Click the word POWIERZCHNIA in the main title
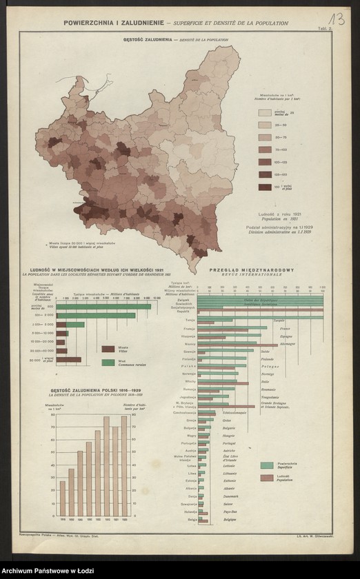point(90,23)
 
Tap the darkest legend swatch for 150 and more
point(265,187)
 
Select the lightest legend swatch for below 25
point(265,112)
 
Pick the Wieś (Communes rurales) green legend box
point(108,362)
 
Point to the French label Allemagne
point(288,343)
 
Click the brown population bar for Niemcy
point(238,345)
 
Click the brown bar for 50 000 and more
point(68,359)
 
